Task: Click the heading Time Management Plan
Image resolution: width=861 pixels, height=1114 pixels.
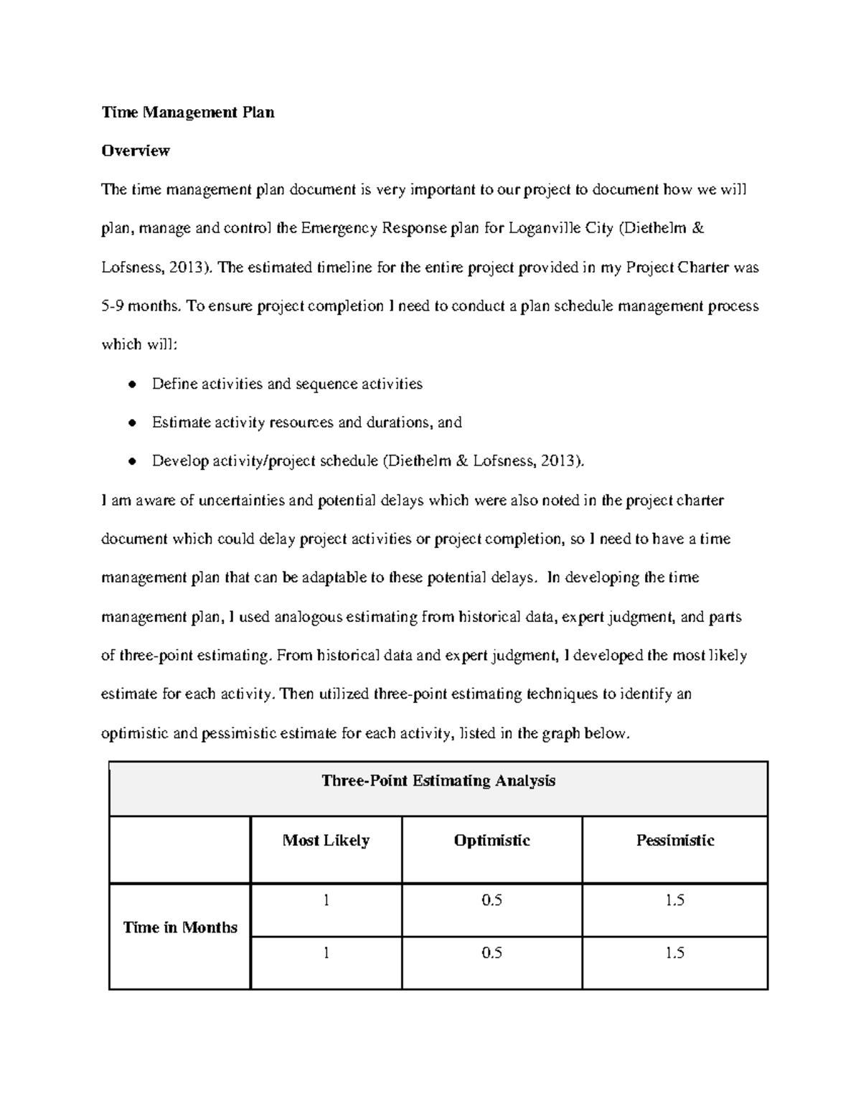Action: pos(187,113)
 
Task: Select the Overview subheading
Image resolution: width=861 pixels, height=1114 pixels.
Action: pos(136,151)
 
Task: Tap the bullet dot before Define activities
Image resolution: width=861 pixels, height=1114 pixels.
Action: pos(131,384)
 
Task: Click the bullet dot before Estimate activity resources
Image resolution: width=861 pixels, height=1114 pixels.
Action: pos(131,423)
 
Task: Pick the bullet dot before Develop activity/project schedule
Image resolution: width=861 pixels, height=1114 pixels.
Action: pos(131,462)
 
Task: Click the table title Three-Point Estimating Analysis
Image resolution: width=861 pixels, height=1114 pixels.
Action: pos(438,781)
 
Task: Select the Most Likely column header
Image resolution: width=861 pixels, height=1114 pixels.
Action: pos(326,841)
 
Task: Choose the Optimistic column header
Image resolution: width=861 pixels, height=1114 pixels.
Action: pos(491,841)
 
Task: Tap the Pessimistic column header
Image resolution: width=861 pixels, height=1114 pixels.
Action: pos(674,841)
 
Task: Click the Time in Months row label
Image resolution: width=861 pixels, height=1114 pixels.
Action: pos(180,927)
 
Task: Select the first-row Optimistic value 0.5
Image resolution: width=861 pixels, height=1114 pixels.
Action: pos(491,901)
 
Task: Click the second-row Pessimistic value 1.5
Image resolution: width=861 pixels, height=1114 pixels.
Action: pos(674,953)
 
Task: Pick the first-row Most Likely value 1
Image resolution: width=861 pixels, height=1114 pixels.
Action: pos(326,901)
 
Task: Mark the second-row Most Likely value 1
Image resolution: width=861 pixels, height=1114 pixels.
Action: pos(326,953)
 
